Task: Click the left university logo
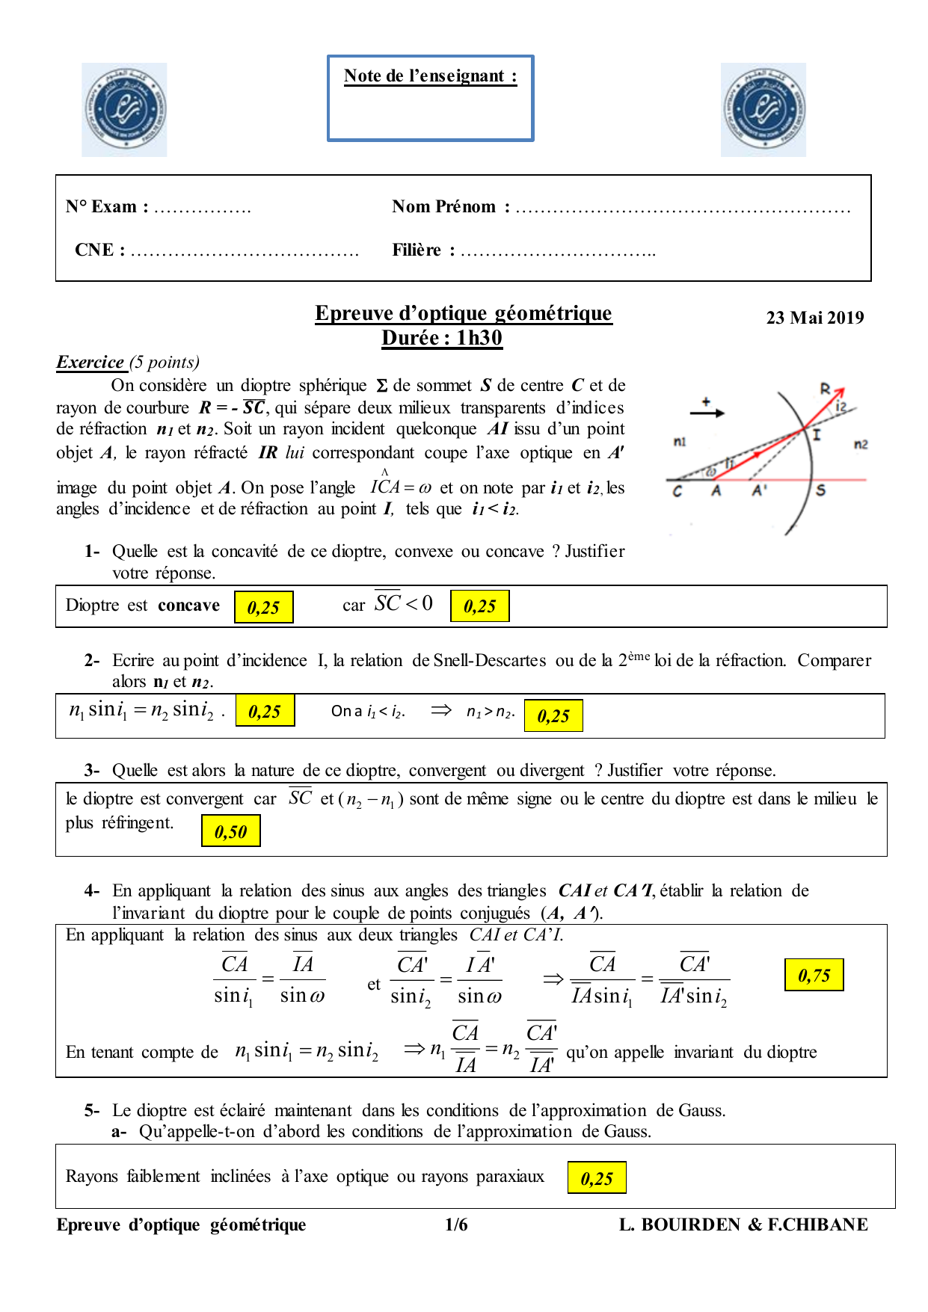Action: [x=124, y=110]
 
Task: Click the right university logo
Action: [x=763, y=110]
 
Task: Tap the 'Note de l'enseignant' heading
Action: [x=430, y=76]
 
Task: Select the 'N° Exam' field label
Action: [x=106, y=207]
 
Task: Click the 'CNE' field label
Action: [x=99, y=250]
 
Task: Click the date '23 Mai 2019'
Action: [x=814, y=318]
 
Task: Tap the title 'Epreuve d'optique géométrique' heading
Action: [x=463, y=313]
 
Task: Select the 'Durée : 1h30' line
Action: [x=442, y=338]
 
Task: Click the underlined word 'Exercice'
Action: [x=90, y=363]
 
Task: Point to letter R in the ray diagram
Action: [x=825, y=389]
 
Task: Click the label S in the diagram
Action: [x=820, y=491]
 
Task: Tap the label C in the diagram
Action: [x=677, y=492]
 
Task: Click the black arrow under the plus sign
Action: [x=707, y=413]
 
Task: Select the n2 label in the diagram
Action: [x=861, y=445]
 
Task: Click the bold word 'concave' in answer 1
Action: [x=189, y=606]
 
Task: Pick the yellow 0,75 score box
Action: [x=814, y=975]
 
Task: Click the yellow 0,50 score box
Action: [x=230, y=831]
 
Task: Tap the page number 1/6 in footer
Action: [x=456, y=1225]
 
